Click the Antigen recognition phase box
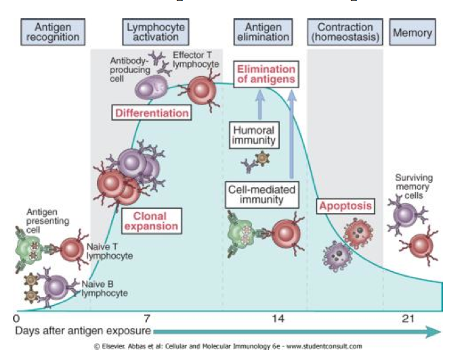(53, 32)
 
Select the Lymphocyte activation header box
(157, 32)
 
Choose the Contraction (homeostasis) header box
(344, 32)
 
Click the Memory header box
(413, 33)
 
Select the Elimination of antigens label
(266, 73)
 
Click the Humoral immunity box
(254, 135)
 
